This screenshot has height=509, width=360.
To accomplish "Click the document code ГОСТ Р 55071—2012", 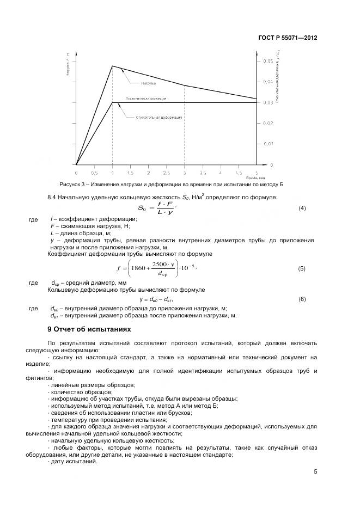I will click(x=288, y=38).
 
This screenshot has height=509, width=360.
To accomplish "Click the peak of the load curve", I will click(x=112, y=66).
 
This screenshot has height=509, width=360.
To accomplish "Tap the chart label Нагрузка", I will click(x=149, y=83).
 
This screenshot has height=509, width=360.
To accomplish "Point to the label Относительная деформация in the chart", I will click(x=159, y=117).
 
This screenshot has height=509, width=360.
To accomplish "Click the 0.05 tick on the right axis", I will click(x=267, y=62).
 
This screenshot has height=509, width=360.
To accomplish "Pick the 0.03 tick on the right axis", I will click(x=267, y=102).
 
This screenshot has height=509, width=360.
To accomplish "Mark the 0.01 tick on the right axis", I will click(x=267, y=144).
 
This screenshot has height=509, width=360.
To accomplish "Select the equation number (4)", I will click(x=302, y=208).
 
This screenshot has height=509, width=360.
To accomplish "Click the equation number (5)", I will click(x=302, y=268).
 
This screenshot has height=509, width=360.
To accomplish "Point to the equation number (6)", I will click(x=302, y=299).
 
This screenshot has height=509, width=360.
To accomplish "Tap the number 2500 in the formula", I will click(x=160, y=263).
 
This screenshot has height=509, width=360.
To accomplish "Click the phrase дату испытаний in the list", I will click(x=74, y=461).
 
